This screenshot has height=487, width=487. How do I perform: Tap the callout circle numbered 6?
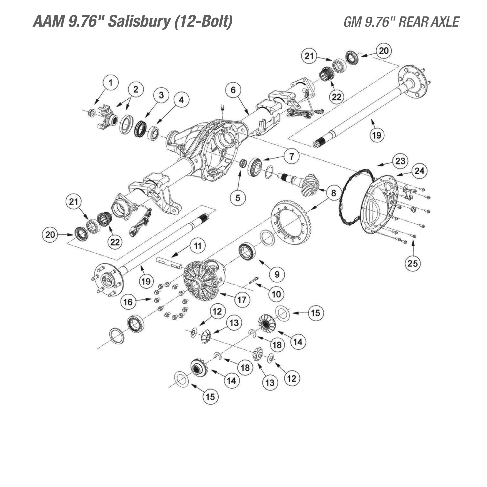tap(233, 90)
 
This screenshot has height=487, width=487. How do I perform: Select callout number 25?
tap(413, 263)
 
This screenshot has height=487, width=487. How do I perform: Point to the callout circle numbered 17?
tap(242, 300)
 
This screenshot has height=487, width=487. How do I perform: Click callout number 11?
tap(198, 246)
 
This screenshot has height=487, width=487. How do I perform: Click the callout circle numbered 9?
tap(277, 274)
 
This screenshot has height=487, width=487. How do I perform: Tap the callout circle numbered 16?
tap(128, 302)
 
